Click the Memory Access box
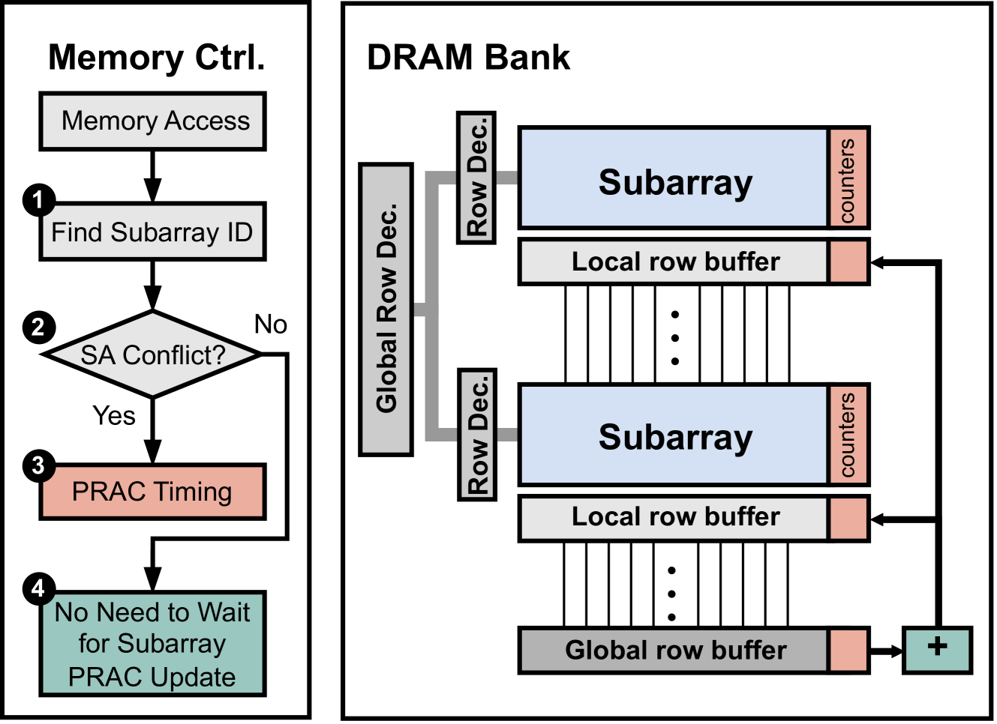[x=152, y=121]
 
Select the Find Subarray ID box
[x=152, y=232]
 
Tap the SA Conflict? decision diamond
[x=152, y=355]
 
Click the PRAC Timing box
[x=152, y=492]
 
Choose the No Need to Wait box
[x=152, y=644]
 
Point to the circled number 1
[x=38, y=199]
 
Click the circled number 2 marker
[x=38, y=327]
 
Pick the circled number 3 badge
[x=38, y=465]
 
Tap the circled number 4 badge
[x=38, y=589]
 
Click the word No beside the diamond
[x=270, y=325]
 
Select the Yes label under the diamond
[x=114, y=415]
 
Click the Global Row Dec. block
[x=386, y=309]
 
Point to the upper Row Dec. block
[x=476, y=178]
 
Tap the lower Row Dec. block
[x=477, y=434]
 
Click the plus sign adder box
[x=937, y=649]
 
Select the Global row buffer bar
[x=674, y=651]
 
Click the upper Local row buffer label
[x=674, y=262]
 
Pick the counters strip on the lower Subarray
[x=848, y=435]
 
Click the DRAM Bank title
[x=468, y=58]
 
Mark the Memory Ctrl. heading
[x=156, y=58]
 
